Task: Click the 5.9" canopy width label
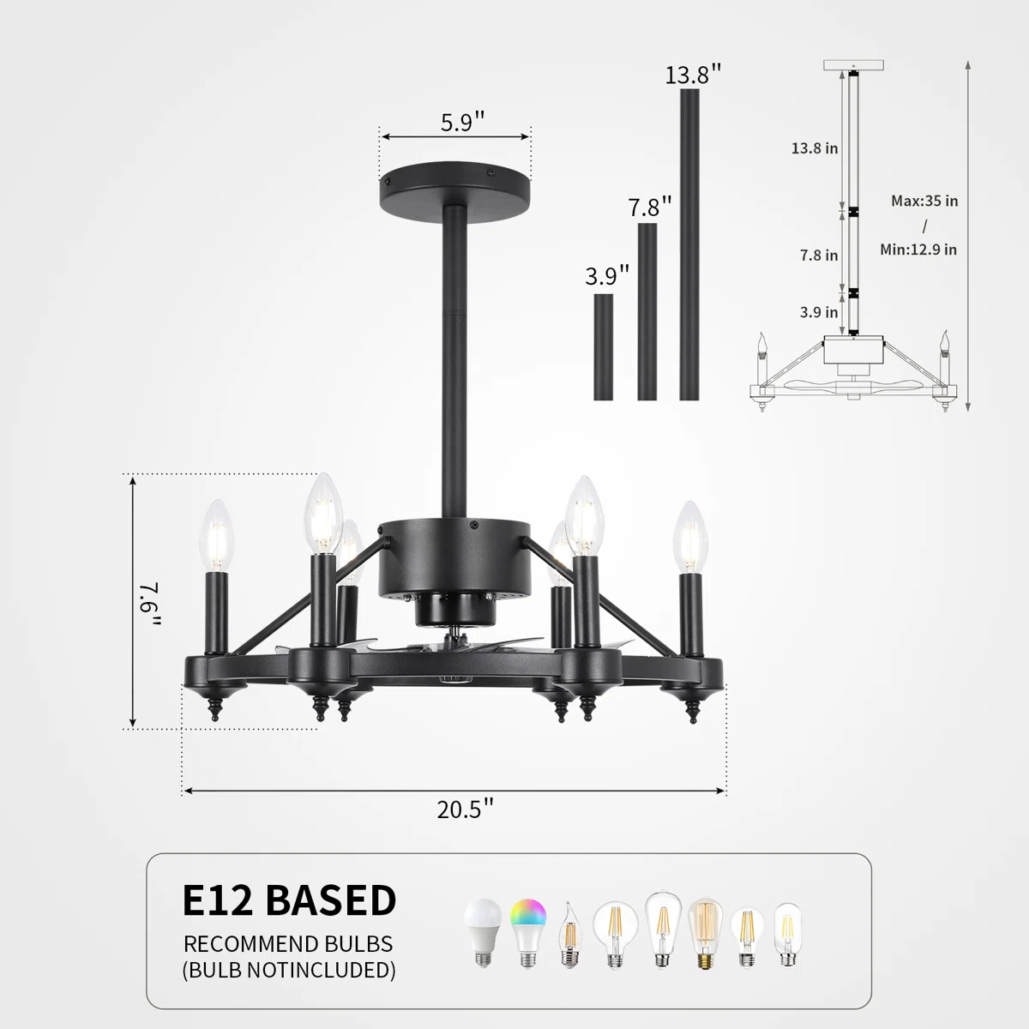pos(462,123)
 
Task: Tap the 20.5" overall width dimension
pos(465,809)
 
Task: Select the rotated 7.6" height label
pos(148,603)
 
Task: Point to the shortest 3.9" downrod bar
pos(604,346)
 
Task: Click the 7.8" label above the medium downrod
pos(649,208)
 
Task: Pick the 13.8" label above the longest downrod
pos(693,75)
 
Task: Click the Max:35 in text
pos(924,202)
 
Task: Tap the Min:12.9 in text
pos(918,250)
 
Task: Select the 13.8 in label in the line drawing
pos(815,148)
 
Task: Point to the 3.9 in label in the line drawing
pos(819,312)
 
